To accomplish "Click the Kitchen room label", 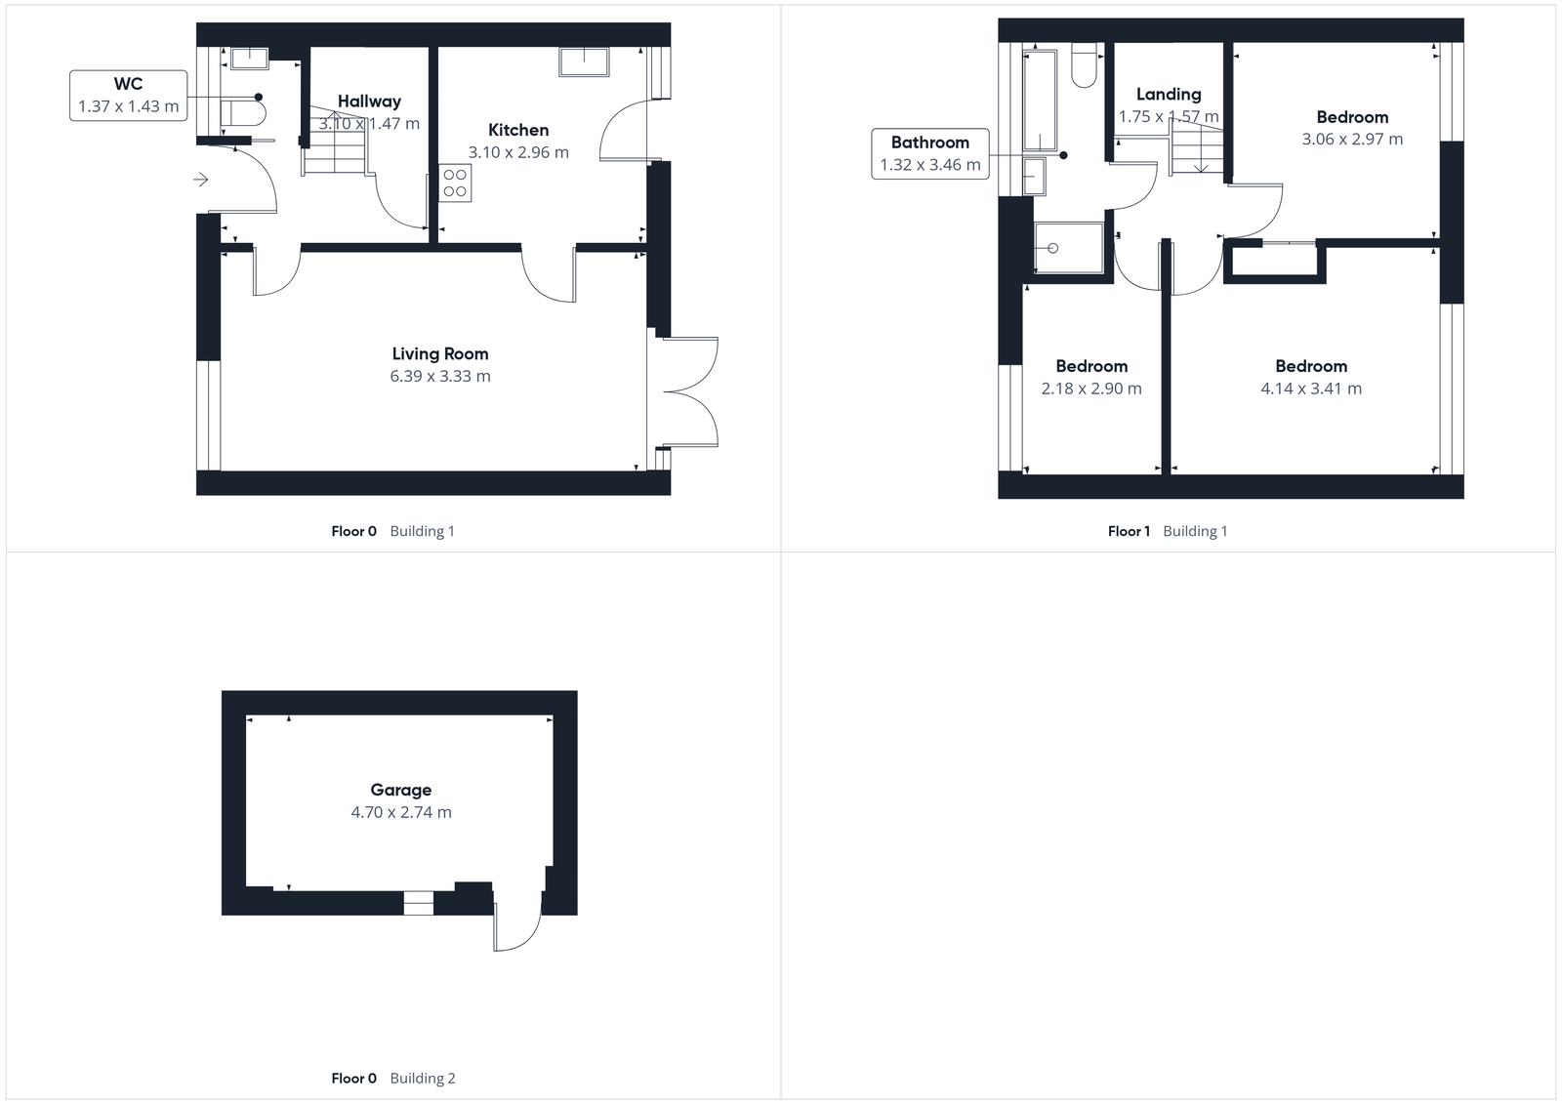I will click(x=518, y=130).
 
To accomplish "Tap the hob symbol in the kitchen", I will click(x=455, y=184).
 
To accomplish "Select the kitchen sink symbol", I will click(x=584, y=61).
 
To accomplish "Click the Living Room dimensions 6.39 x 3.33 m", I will click(x=440, y=377).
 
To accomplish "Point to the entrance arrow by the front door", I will click(x=200, y=180).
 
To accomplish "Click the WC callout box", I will click(x=128, y=96).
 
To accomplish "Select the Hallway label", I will click(x=369, y=102).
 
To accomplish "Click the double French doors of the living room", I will click(x=690, y=391).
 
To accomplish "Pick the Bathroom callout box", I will click(x=929, y=154).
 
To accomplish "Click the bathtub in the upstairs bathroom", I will click(x=1040, y=101).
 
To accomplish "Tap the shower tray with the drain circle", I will click(x=1069, y=248).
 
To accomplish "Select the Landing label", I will click(x=1169, y=95).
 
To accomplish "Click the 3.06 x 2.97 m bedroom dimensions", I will click(x=1352, y=140).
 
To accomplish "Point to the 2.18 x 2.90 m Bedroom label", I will click(x=1091, y=366).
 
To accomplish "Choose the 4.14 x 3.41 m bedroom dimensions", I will click(x=1311, y=388).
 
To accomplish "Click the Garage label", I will click(x=400, y=790).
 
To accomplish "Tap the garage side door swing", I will click(x=517, y=922).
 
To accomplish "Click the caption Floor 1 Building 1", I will click(x=1168, y=531).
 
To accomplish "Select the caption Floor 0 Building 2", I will click(x=392, y=1078).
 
